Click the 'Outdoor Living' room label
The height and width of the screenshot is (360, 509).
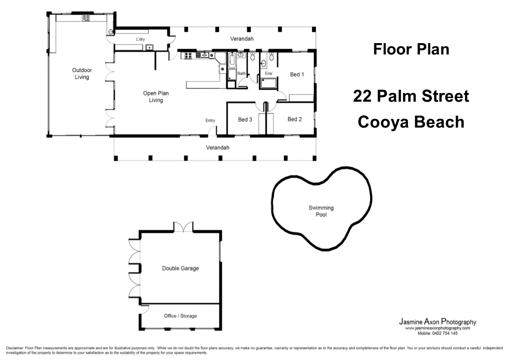[82, 74]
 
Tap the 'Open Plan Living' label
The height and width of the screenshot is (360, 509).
[156, 97]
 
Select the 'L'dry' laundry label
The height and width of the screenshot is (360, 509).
[140, 39]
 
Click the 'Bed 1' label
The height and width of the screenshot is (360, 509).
[297, 74]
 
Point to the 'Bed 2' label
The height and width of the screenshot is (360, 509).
[295, 119]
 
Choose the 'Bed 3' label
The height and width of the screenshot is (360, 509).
[245, 119]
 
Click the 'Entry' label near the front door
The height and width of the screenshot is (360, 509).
[210, 121]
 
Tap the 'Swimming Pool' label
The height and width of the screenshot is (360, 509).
[321, 211]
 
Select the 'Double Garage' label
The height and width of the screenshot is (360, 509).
[181, 268]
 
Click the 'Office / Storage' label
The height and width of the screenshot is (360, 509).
[181, 316]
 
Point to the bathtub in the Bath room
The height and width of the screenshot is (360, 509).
[232, 60]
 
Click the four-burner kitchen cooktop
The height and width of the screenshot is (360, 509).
[188, 55]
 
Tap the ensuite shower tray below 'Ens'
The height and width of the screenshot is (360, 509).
[268, 84]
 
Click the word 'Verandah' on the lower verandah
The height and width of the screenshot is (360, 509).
[217, 148]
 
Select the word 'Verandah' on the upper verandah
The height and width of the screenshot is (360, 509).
[242, 39]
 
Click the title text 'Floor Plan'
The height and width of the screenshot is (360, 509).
[411, 49]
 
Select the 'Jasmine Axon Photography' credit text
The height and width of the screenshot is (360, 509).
[438, 322]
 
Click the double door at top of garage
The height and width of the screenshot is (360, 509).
[183, 227]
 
